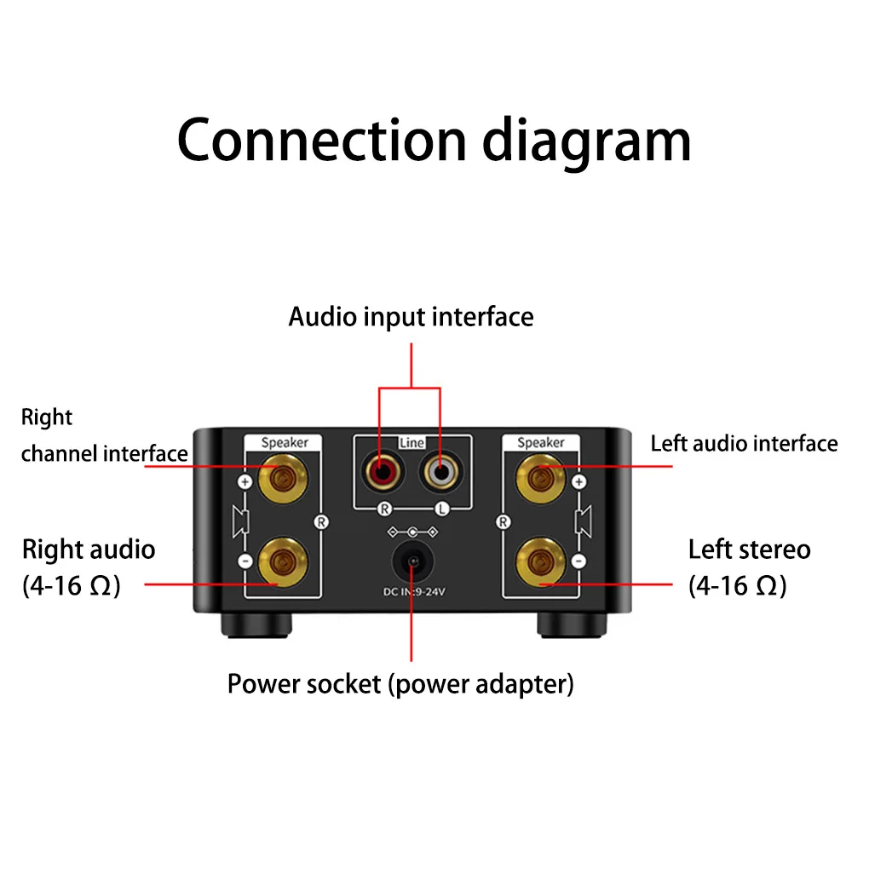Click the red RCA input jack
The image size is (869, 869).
[380, 470]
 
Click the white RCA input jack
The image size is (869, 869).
[441, 470]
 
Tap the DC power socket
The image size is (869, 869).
[411, 562]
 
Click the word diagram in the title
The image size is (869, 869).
[587, 141]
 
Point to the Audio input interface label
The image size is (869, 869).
[411, 317]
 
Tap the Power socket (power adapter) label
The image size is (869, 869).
[400, 683]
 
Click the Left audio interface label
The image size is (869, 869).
[744, 444]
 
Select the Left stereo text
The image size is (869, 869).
[749, 550]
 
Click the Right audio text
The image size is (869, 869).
[89, 550]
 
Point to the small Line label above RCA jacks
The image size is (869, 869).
[411, 444]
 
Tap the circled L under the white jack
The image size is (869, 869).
[440, 509]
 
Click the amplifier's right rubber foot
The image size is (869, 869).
[568, 627]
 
